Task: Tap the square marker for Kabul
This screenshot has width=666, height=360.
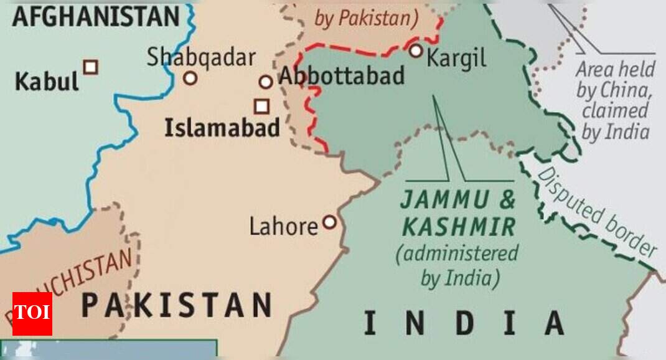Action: click(x=91, y=67)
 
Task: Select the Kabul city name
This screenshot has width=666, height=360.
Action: click(x=47, y=82)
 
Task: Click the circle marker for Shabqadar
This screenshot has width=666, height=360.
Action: click(x=190, y=78)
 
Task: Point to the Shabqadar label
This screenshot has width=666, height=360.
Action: click(x=201, y=57)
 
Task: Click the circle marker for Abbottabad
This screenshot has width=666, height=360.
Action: click(x=266, y=82)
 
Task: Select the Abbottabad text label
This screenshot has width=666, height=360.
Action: click(x=342, y=76)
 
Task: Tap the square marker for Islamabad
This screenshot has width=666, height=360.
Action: click(x=261, y=106)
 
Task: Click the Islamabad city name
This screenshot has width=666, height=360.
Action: click(x=221, y=128)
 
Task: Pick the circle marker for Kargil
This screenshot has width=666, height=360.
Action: click(x=415, y=51)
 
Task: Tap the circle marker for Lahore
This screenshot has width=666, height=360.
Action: click(x=329, y=222)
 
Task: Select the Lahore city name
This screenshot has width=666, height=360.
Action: click(x=283, y=227)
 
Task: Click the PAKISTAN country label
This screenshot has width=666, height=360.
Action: click(x=177, y=305)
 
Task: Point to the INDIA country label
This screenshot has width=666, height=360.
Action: click(x=463, y=323)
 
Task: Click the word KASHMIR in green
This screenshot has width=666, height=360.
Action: click(x=459, y=227)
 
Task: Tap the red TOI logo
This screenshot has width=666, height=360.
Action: click(x=32, y=313)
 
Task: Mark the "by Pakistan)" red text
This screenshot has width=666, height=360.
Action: click(x=366, y=19)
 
